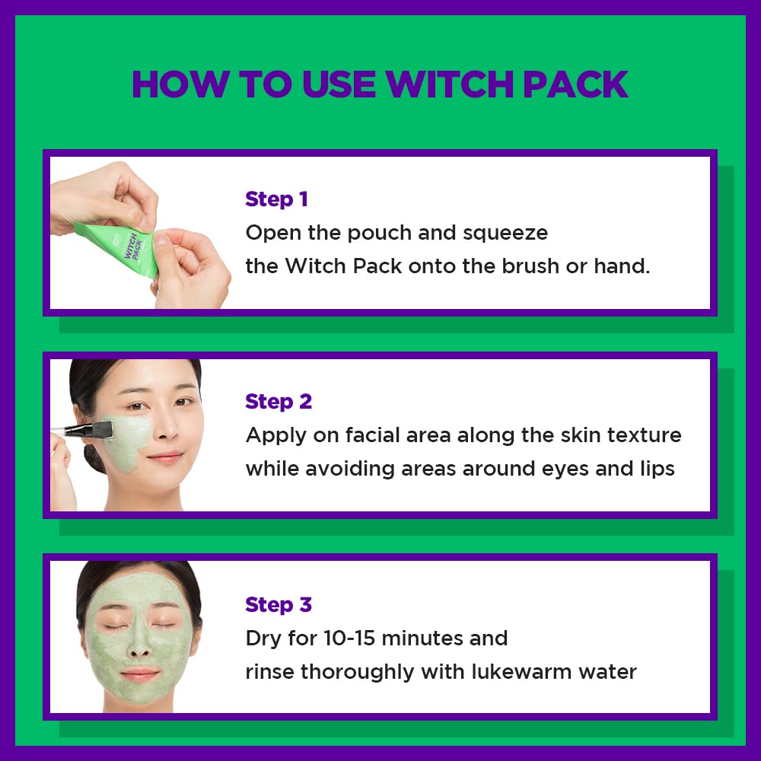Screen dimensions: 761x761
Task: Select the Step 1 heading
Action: tap(276, 199)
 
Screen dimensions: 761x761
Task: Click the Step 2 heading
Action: tap(279, 402)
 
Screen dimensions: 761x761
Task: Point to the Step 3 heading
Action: tap(279, 605)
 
